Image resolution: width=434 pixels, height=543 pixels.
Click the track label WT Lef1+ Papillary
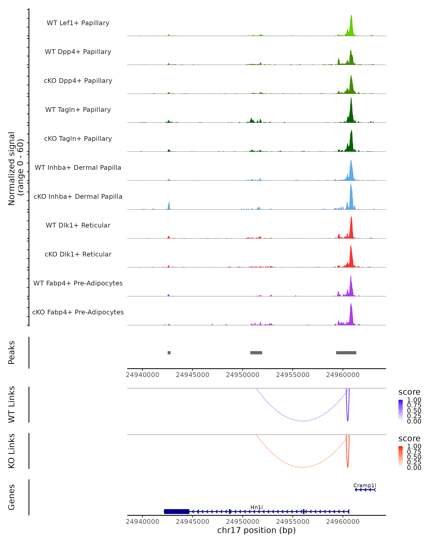tap(78, 23)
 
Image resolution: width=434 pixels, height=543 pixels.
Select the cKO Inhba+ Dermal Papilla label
tap(78, 196)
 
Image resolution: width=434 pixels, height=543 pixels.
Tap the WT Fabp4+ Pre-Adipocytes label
tap(78, 283)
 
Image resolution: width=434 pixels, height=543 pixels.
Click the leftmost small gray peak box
tap(169, 353)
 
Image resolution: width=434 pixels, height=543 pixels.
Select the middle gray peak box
tap(256, 353)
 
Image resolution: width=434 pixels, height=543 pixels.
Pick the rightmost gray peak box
tap(346, 353)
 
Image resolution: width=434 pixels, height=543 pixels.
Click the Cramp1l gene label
tap(365, 485)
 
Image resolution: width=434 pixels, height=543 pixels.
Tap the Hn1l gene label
tap(257, 507)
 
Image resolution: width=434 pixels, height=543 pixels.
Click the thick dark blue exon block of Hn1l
tap(177, 511)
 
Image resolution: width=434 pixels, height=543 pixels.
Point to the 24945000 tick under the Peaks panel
tap(192, 375)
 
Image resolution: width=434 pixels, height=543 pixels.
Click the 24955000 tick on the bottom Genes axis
tap(293, 522)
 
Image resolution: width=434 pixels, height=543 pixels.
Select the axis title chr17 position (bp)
tap(256, 530)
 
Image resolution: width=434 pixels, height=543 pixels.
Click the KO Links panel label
tap(12, 451)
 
